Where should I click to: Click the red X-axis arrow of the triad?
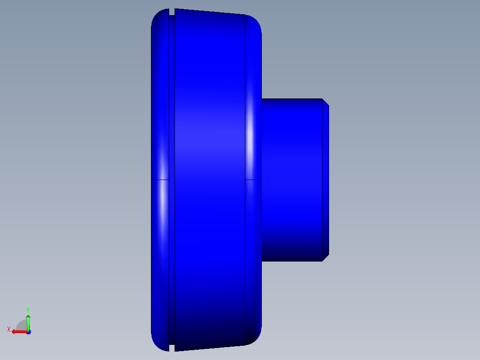click(x=18, y=331)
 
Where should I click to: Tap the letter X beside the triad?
click(x=9, y=329)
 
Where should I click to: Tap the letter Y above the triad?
click(x=28, y=309)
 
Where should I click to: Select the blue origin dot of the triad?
click(x=28, y=332)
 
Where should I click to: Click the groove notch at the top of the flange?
click(x=171, y=12)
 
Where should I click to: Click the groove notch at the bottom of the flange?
click(x=171, y=348)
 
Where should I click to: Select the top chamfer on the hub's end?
click(x=325, y=102)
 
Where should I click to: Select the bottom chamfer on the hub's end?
click(x=325, y=258)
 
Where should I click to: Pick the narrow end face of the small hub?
click(x=325, y=180)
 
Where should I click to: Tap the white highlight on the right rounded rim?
click(x=251, y=134)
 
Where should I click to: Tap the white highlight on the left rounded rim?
click(x=163, y=200)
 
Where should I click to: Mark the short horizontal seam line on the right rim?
click(x=253, y=180)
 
